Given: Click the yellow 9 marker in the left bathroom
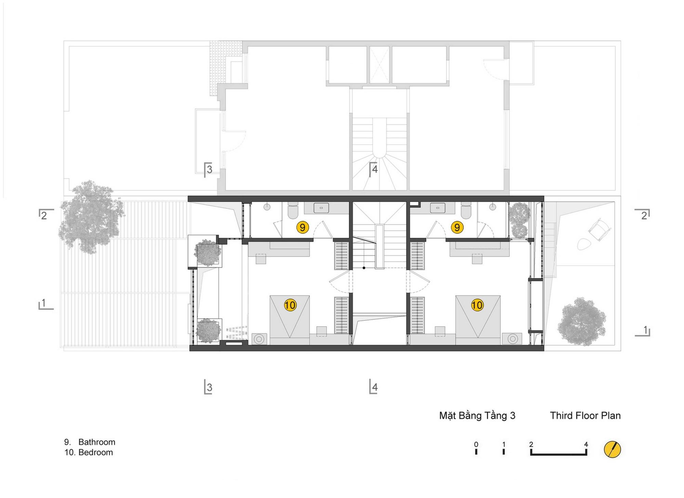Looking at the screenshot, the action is (x=303, y=227).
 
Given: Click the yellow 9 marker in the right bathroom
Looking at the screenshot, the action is (x=457, y=227).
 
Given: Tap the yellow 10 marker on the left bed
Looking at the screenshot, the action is (x=290, y=305).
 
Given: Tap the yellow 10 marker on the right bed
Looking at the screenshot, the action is (x=477, y=305).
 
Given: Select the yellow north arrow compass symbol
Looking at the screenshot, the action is (x=612, y=449).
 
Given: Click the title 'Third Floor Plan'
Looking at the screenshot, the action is (x=585, y=416).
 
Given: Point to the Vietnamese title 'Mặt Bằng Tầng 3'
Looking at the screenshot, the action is (x=477, y=416).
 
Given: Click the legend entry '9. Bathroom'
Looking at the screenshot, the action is (x=90, y=442).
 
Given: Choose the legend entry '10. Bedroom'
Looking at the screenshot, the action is (x=89, y=452).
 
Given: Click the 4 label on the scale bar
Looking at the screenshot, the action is (x=586, y=444).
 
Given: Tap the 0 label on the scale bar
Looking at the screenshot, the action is (x=476, y=444).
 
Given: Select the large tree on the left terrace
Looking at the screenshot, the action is (x=91, y=217).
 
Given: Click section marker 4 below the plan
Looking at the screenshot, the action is (x=373, y=387).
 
